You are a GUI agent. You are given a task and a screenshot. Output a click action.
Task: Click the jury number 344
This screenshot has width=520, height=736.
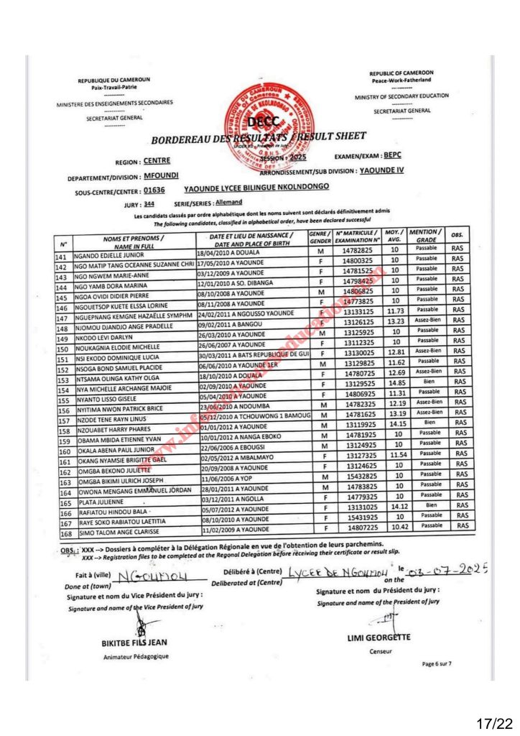pyautogui.click(x=149, y=205)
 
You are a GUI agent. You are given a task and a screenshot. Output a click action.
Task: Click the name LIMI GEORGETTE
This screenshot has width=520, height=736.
pyautogui.click(x=379, y=637)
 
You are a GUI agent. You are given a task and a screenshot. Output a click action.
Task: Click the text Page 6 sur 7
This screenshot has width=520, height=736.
pyautogui.click(x=437, y=663)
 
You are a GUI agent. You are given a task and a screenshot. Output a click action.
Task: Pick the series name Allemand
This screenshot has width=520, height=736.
pyautogui.click(x=210, y=203)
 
